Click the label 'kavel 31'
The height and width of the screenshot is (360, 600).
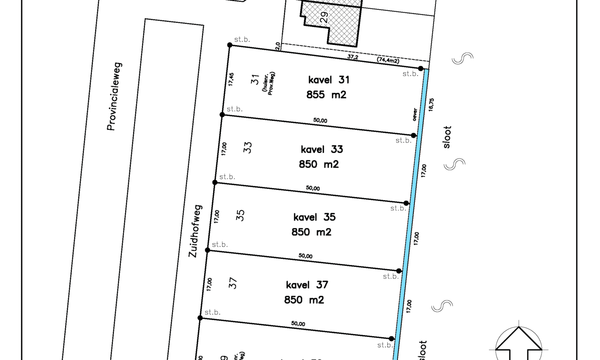[329, 80]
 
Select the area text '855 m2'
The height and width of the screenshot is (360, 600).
[327, 95]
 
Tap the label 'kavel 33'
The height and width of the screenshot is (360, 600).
[322, 149]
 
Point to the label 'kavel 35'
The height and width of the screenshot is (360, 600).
[314, 217]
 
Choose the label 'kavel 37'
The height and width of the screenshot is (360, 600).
[307, 285]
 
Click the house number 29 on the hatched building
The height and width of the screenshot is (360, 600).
[323, 17]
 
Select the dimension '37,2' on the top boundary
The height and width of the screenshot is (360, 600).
[353, 56]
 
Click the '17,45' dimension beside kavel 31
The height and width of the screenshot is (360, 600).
[231, 79]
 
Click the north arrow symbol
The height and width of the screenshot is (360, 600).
[519, 341]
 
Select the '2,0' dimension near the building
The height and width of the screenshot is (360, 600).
[278, 46]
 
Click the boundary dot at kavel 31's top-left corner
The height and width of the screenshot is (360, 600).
[230, 45]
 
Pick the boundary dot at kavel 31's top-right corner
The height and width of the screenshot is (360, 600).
[421, 68]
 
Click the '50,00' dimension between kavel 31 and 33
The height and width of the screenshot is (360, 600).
[320, 120]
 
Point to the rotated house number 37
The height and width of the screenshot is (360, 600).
[233, 283]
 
